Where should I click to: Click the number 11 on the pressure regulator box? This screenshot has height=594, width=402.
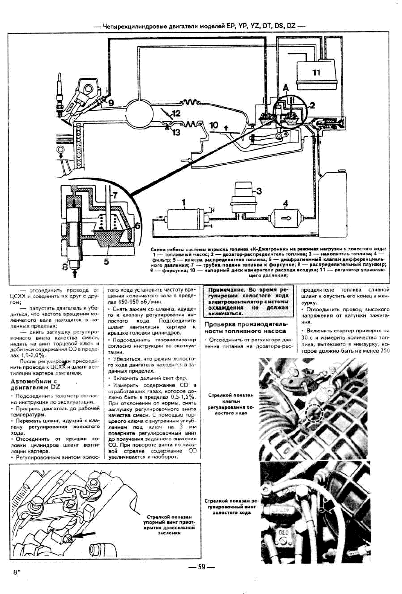point(316,73)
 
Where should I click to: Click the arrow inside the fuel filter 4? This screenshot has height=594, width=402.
point(286,218)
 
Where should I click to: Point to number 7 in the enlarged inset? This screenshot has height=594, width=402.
point(115,195)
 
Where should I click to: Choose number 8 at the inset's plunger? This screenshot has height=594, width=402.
point(65,267)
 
